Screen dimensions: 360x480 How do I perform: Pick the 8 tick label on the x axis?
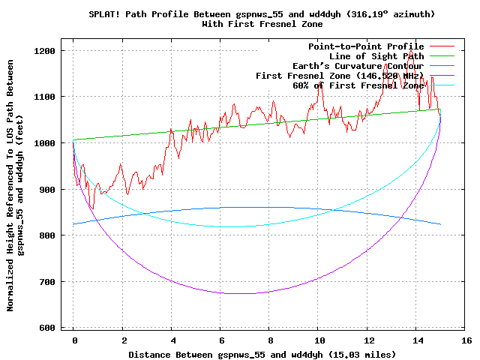click(270, 340)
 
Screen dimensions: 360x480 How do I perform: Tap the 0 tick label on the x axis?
click(73, 340)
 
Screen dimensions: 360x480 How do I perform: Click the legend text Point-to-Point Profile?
click(366, 46)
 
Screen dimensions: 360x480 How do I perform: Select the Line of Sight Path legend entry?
click(376, 56)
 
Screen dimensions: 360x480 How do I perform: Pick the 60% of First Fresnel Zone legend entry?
click(358, 85)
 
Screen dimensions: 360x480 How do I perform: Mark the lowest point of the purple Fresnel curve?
click(241, 293)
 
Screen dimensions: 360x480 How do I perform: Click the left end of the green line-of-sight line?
click(73, 139)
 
